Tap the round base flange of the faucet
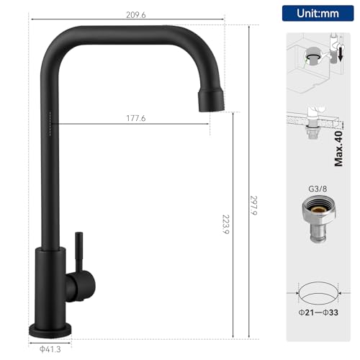point(50,329)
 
